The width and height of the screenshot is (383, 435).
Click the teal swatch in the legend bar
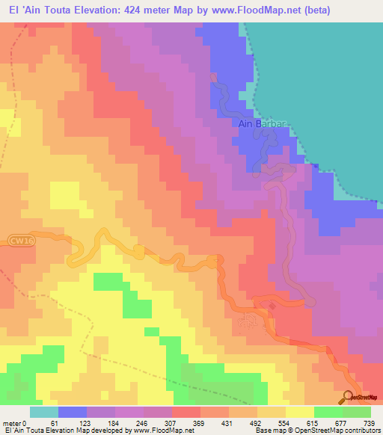44,412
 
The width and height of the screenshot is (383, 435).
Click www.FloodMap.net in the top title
240,10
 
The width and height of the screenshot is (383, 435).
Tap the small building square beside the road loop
273,305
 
